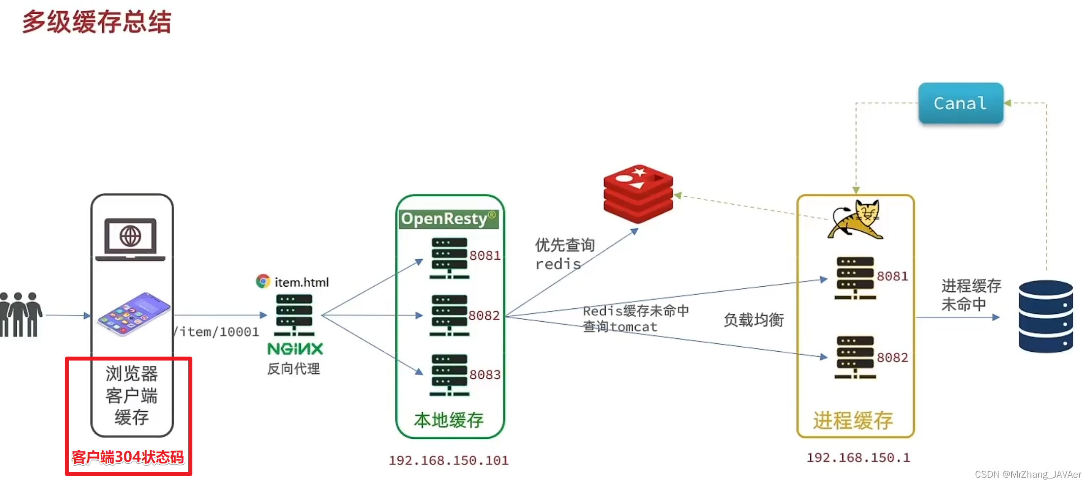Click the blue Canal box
[x=960, y=103]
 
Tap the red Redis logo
[x=638, y=193]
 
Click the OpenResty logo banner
[x=448, y=219]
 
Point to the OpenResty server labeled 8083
[x=449, y=375]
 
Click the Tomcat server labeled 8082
[x=855, y=357]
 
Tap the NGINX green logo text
[x=295, y=349]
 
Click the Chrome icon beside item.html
[x=263, y=281]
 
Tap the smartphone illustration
[x=134, y=314]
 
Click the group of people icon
[x=21, y=315]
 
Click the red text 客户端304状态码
[x=128, y=457]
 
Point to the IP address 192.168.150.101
[x=448, y=460]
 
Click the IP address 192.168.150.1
[x=858, y=457]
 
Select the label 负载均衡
[x=753, y=320]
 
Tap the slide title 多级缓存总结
[x=97, y=22]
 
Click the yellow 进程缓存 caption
[x=853, y=421]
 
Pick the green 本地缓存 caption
[x=448, y=420]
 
